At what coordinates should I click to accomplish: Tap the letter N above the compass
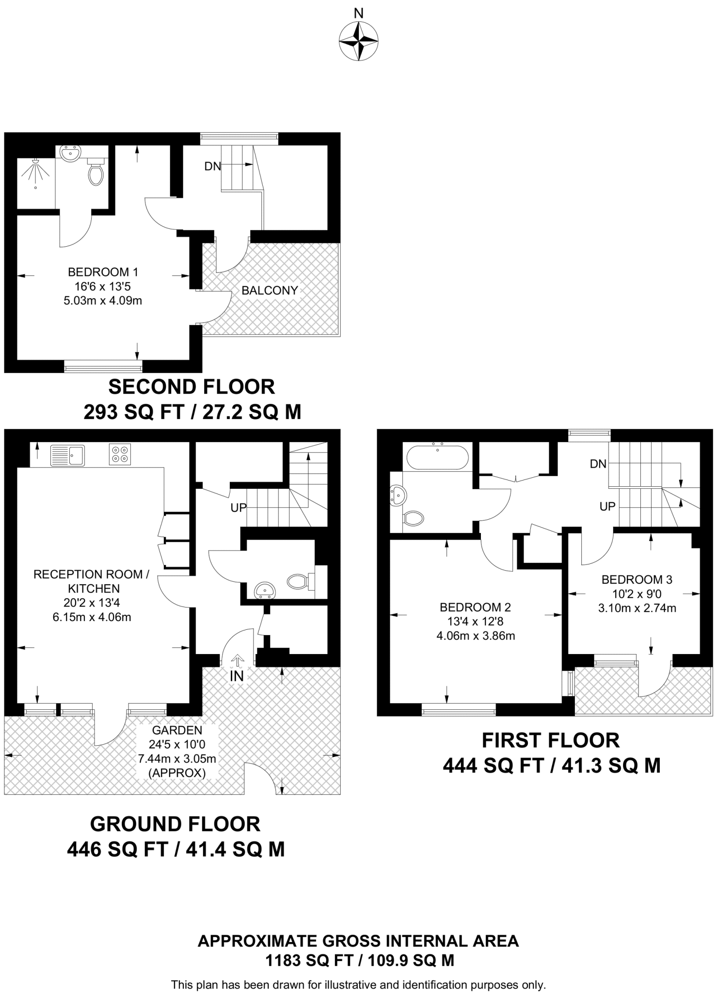point(358,13)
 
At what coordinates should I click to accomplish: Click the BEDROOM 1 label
point(103,272)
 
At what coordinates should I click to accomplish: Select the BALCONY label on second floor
point(270,290)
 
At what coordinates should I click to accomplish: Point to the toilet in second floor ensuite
point(96,172)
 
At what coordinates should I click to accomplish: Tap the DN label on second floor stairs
point(212,166)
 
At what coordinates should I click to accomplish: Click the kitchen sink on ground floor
point(67,455)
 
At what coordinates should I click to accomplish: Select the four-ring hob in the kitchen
point(120,454)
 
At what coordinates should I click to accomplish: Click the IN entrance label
point(237,676)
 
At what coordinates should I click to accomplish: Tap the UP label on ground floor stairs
point(239,508)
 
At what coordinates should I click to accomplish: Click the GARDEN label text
point(177,730)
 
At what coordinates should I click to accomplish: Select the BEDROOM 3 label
point(637,579)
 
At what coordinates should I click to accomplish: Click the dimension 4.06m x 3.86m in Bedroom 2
point(476,636)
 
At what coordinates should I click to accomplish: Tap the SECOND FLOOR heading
point(191,387)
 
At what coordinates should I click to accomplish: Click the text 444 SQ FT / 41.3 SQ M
point(551,766)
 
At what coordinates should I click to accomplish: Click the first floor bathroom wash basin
point(398,496)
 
